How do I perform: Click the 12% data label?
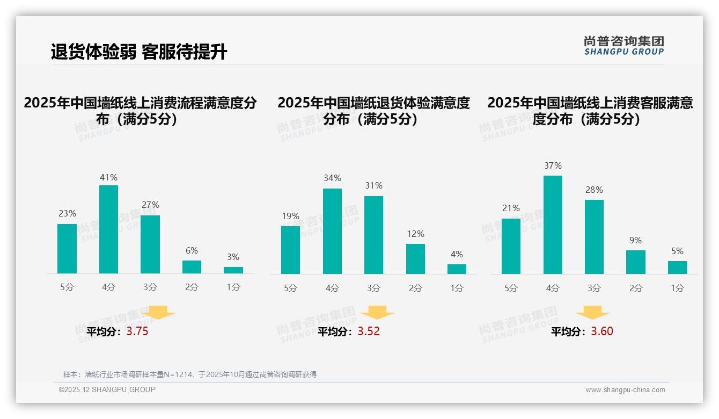coord(415,234)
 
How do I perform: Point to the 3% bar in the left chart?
coord(233,270)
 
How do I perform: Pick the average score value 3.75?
coord(137,331)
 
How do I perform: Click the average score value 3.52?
coord(369,331)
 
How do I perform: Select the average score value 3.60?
coord(602,331)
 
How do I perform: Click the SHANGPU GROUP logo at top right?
coord(623,46)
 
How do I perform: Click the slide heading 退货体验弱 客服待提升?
coord(139,52)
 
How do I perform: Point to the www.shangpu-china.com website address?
coord(625,390)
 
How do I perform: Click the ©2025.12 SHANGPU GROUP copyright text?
coord(107,389)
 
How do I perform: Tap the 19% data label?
coord(290,216)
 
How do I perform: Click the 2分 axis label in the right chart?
coord(636,288)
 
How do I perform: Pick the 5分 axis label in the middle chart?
coord(290,288)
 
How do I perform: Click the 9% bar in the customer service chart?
coord(636,262)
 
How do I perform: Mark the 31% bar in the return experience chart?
coord(373,235)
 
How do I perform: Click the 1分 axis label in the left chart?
coord(233,287)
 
